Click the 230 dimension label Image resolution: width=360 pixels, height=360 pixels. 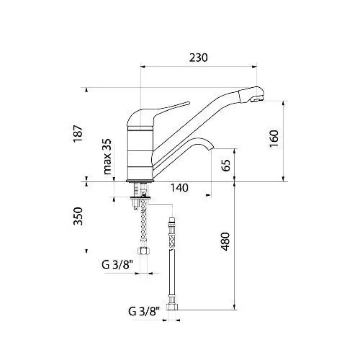click(198, 58)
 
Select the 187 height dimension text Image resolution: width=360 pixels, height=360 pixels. click(78, 134)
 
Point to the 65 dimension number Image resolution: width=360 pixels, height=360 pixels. click(226, 165)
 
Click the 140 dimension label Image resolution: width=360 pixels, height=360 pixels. click(179, 188)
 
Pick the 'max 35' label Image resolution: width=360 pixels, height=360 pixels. click(107, 157)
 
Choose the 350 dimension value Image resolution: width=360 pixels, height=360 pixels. click(78, 216)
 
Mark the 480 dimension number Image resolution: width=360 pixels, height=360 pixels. click(225, 242)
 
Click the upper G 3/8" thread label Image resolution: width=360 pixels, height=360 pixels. click(117, 265)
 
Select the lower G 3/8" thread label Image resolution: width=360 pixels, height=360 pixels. click(144, 311)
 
